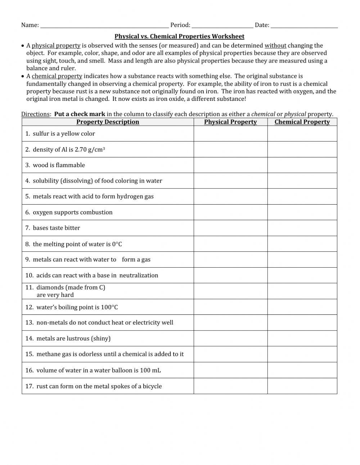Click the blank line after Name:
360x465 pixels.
104,25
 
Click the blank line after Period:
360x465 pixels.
222,25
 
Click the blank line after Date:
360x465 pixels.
304,25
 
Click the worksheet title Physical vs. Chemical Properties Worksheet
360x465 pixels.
179,36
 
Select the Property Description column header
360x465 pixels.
108,122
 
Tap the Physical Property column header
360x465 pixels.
230,122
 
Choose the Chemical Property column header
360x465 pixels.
302,122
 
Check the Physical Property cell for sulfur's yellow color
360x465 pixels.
230,134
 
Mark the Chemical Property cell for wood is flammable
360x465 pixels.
302,165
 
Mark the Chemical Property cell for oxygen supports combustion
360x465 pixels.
302,212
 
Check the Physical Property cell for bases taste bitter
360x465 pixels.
230,228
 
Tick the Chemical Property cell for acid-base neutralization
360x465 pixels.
302,275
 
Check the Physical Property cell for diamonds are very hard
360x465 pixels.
230,291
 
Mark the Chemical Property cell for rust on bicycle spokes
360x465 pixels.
302,386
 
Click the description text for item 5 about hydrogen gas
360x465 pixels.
93,197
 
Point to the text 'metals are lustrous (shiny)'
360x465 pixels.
73,339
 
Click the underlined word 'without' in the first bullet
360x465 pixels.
275,46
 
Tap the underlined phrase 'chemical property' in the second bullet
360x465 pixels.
57,76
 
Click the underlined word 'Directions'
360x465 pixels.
35,114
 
